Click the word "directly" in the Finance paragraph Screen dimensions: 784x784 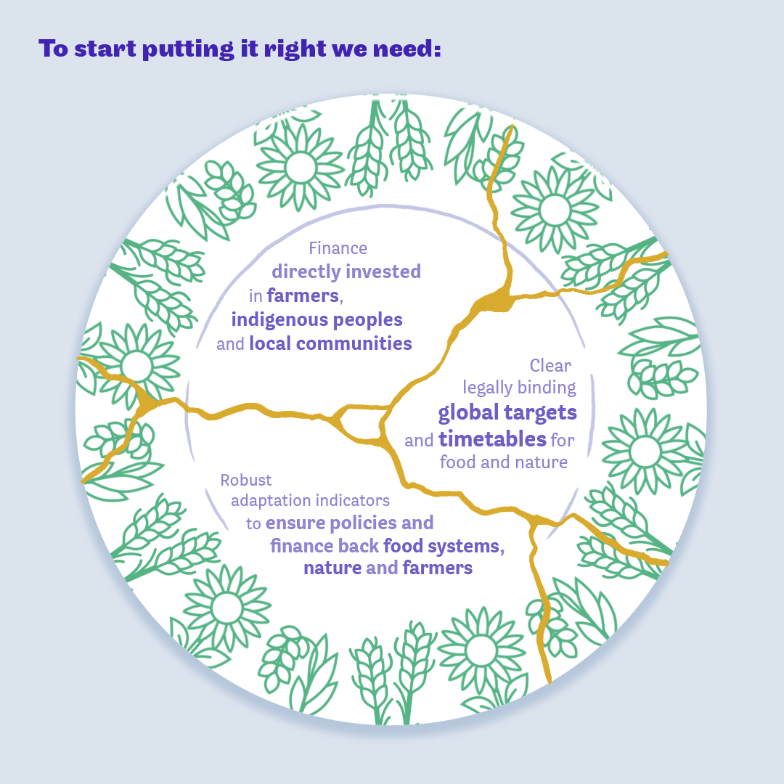coord(306,271)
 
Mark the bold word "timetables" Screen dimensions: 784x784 coord(492,439)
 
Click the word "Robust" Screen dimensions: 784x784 coord(246,480)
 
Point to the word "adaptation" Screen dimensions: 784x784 coord(271,501)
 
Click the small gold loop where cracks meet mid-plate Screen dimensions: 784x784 coord(364,424)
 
